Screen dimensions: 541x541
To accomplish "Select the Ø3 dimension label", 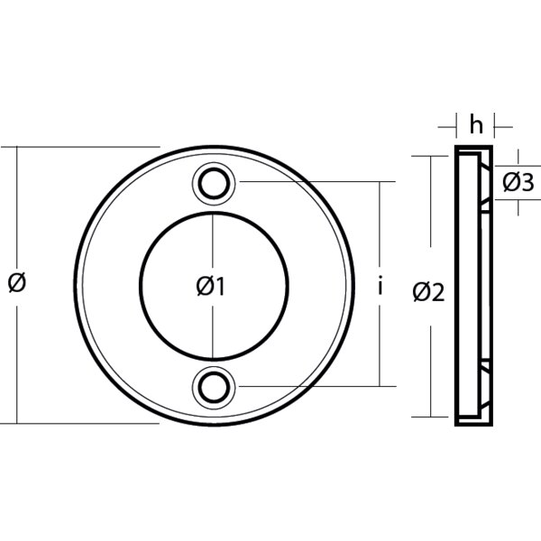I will coord(518,183).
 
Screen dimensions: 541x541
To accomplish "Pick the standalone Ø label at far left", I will coord(16,282).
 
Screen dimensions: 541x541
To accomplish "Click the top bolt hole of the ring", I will coord(214,183).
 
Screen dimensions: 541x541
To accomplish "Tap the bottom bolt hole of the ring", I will coord(214,386).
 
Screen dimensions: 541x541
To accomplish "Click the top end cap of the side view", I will coord(474,149).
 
